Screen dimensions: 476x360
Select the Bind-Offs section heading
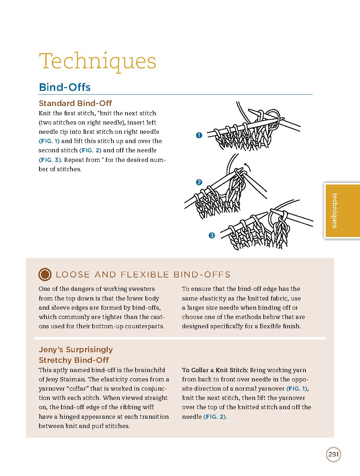(65, 87)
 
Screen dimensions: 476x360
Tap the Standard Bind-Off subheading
(75, 103)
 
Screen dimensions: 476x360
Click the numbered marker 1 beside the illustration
(199, 135)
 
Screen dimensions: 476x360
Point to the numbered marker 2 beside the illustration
(199, 182)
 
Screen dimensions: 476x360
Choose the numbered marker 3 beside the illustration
(212, 235)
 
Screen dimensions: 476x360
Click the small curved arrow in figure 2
(248, 167)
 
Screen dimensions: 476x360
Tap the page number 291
(334, 455)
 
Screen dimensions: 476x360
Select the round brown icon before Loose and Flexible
(45, 274)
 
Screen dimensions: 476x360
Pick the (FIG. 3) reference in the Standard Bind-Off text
(50, 160)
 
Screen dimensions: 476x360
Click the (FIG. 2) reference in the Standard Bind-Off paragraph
(91, 150)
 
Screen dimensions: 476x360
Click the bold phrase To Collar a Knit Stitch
(215, 370)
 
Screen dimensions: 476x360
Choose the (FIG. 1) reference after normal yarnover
(297, 389)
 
